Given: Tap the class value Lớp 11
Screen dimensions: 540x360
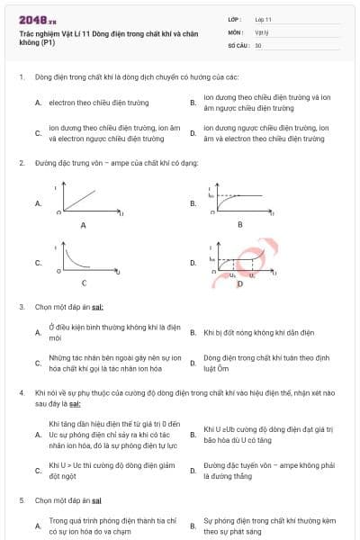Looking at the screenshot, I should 263,18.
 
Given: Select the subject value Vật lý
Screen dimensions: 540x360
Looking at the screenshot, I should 261,31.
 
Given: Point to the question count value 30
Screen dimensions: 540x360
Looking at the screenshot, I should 258,44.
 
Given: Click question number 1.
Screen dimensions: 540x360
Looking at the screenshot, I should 22,77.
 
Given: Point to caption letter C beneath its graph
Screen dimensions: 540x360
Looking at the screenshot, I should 84,283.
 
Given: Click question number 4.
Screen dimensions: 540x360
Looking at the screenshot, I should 22,393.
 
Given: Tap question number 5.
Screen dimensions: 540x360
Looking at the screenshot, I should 22,499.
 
